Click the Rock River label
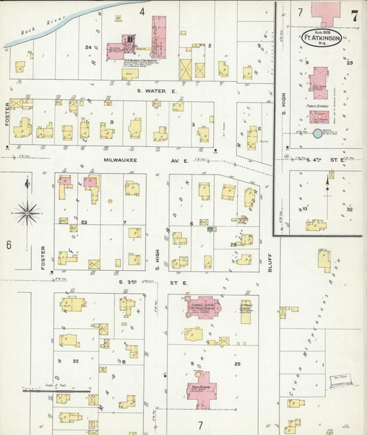(33, 31)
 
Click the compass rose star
(27, 211)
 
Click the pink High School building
(202, 387)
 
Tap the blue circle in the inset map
(317, 132)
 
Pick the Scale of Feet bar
(65, 390)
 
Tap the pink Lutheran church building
(200, 307)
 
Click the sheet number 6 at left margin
(9, 245)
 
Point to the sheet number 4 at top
(143, 12)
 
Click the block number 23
(84, 222)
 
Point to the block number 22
(76, 361)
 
